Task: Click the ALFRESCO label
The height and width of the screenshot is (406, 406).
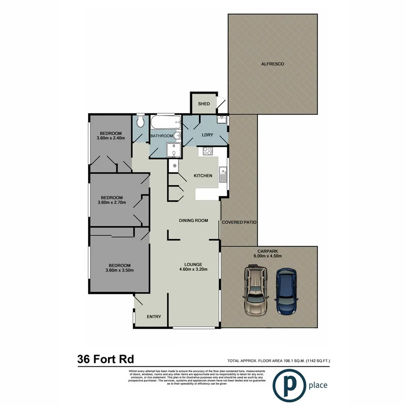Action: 272,64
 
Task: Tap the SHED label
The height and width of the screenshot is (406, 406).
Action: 204,104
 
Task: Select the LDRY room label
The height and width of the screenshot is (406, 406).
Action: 207,135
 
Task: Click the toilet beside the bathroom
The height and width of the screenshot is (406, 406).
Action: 140,122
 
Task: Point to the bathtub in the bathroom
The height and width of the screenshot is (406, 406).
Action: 165,122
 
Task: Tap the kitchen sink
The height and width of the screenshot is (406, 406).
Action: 223,175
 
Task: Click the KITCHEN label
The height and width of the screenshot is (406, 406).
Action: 203,176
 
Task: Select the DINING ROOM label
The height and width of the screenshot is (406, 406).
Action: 193,220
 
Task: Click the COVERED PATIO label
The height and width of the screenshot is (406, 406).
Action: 239,222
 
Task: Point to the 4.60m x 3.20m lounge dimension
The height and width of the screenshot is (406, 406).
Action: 193,269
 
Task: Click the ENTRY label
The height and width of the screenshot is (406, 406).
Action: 154,317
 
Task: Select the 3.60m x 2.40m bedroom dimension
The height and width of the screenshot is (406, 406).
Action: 111,139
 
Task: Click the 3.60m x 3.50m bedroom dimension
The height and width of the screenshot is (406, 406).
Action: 119,270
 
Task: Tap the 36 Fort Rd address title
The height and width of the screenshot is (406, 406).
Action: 105,359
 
